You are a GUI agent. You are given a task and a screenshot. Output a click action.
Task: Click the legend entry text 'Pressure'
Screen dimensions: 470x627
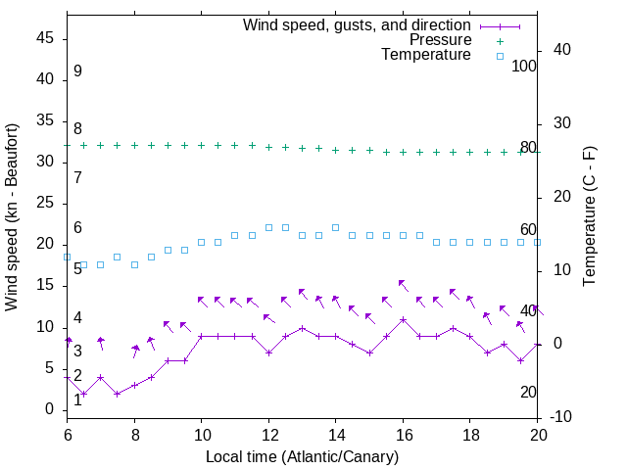(440, 40)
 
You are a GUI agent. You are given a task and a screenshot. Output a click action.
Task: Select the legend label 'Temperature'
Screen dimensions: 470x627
(426, 55)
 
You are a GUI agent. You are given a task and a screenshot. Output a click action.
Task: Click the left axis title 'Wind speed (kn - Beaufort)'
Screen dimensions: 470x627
(12, 217)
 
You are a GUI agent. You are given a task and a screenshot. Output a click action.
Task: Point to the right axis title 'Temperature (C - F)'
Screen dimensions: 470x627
(589, 217)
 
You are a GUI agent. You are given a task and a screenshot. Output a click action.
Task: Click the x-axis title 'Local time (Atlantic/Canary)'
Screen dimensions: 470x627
(303, 456)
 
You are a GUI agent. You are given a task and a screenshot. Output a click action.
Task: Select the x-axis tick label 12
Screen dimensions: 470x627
(268, 434)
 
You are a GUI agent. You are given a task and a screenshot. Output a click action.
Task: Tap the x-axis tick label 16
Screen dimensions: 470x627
(403, 434)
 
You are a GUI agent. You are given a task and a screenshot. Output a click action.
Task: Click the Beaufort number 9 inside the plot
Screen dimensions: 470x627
(77, 71)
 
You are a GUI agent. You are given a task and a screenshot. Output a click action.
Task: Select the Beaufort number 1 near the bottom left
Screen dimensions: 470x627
(77, 399)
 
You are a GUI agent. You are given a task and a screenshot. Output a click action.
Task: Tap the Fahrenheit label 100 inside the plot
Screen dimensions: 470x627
(525, 66)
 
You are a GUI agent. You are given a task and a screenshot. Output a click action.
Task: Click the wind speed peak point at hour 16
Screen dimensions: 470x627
(403, 319)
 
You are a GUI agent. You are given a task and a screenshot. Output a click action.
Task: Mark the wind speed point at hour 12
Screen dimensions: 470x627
(268, 352)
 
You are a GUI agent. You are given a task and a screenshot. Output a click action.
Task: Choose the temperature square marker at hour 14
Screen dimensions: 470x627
(335, 227)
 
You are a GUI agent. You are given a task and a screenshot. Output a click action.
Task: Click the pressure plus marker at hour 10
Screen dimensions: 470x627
(201, 145)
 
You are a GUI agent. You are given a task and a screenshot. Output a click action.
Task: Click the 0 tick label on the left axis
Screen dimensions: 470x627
(49, 409)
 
